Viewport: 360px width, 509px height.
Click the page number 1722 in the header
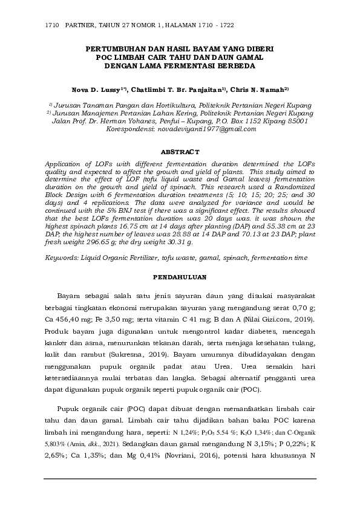pyautogui.click(x=226, y=27)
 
